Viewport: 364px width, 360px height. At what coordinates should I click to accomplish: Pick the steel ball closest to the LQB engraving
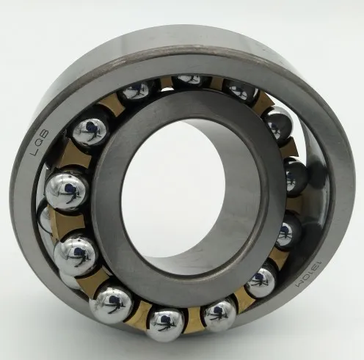[90, 131]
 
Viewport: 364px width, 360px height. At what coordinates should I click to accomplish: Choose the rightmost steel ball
[296, 177]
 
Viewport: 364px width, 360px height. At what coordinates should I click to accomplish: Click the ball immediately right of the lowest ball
[219, 314]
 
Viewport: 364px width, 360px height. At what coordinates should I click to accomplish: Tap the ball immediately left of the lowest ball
[112, 303]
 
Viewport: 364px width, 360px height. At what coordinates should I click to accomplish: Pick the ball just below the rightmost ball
[288, 232]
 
